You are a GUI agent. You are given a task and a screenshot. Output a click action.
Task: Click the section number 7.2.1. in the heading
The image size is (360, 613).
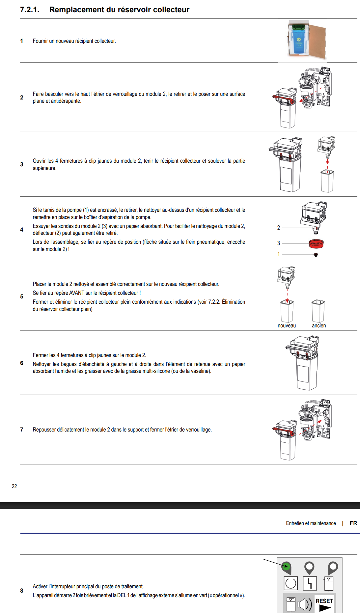click(30, 10)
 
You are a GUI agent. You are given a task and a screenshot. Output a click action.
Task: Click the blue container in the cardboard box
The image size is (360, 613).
click(298, 41)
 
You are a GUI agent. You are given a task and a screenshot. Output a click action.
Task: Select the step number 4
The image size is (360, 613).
click(22, 230)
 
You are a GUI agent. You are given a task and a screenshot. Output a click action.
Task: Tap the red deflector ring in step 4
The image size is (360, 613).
click(316, 243)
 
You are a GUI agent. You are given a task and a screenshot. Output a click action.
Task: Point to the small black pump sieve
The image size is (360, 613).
click(316, 255)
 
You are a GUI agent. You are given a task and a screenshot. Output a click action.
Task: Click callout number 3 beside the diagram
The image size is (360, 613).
click(279, 243)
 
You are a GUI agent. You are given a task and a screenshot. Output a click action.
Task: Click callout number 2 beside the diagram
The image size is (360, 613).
click(279, 228)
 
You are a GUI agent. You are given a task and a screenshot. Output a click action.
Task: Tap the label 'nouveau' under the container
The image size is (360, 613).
click(287, 325)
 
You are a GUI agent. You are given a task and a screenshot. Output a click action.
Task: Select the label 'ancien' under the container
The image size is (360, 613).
click(318, 325)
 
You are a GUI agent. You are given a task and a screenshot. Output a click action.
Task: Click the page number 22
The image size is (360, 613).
click(14, 486)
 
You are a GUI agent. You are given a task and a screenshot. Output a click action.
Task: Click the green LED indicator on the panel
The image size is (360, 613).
click(286, 567)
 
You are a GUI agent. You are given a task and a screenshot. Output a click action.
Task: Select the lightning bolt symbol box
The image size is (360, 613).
click(310, 583)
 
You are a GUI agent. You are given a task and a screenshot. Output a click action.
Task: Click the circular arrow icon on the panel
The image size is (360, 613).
click(291, 583)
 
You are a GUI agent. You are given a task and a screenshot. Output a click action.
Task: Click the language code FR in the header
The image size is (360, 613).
click(353, 523)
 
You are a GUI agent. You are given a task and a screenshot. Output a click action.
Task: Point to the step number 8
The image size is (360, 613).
click(22, 591)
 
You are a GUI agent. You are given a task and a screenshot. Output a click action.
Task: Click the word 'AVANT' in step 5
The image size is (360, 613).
click(77, 293)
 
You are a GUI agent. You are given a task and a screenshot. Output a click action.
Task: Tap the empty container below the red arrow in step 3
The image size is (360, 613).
click(327, 181)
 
